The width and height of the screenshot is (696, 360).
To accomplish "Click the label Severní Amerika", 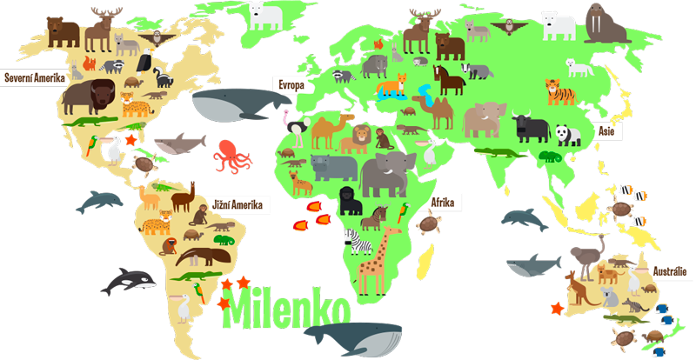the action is [x=36, y=78].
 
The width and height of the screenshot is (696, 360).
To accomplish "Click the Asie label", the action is [x=606, y=130].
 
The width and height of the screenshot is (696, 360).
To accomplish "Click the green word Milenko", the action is [x=287, y=310].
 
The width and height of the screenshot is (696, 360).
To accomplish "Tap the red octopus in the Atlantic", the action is [x=231, y=156].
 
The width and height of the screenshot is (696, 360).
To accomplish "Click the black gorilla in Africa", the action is [x=350, y=200].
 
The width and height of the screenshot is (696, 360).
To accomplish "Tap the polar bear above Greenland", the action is [x=264, y=15].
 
